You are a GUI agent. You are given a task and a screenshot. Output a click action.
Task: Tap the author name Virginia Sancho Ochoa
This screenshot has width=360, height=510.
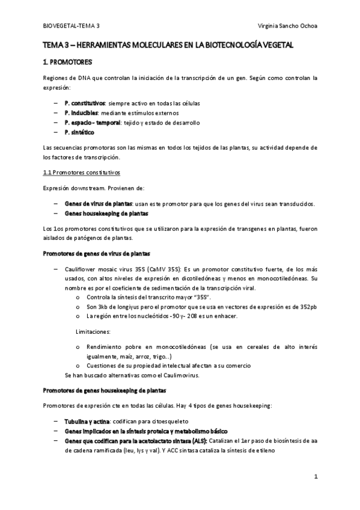coord(286,27)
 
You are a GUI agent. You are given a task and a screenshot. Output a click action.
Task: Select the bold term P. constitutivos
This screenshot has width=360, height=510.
coord(85,103)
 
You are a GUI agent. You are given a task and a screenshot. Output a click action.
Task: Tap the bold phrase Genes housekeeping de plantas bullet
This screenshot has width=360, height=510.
coord(106,214)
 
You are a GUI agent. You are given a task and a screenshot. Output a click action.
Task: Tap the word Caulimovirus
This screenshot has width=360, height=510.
coord(180,375)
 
